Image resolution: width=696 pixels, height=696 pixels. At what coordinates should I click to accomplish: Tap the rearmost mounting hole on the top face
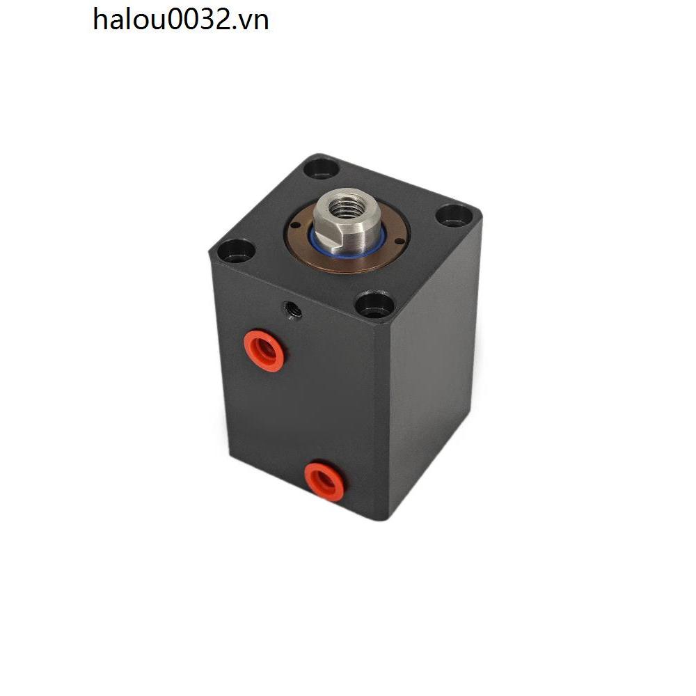pyautogui.click(x=322, y=169)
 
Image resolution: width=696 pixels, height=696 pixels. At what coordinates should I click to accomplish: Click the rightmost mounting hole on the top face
pyautogui.click(x=453, y=216)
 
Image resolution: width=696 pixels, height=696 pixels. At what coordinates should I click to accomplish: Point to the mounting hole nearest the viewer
pyautogui.click(x=375, y=306)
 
